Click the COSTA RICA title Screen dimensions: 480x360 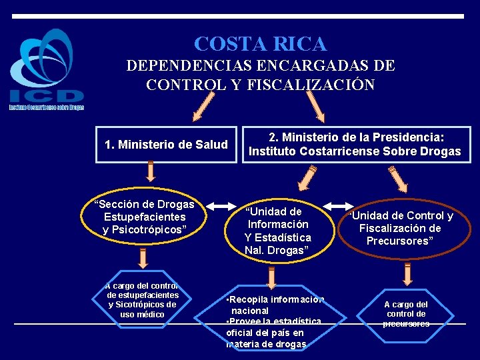coord(260,44)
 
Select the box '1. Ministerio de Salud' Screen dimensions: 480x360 coord(166,144)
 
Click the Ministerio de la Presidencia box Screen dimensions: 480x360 coord(355,144)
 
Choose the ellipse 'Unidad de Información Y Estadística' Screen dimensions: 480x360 coord(277,231)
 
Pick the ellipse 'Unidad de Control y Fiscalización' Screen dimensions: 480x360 coord(400,228)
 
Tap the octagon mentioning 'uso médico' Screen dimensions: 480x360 coord(143,300)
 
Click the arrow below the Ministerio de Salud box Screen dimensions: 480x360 coord(151,171)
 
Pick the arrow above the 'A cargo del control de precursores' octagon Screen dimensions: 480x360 coord(406,273)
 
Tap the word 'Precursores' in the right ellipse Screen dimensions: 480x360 coord(400,241)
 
